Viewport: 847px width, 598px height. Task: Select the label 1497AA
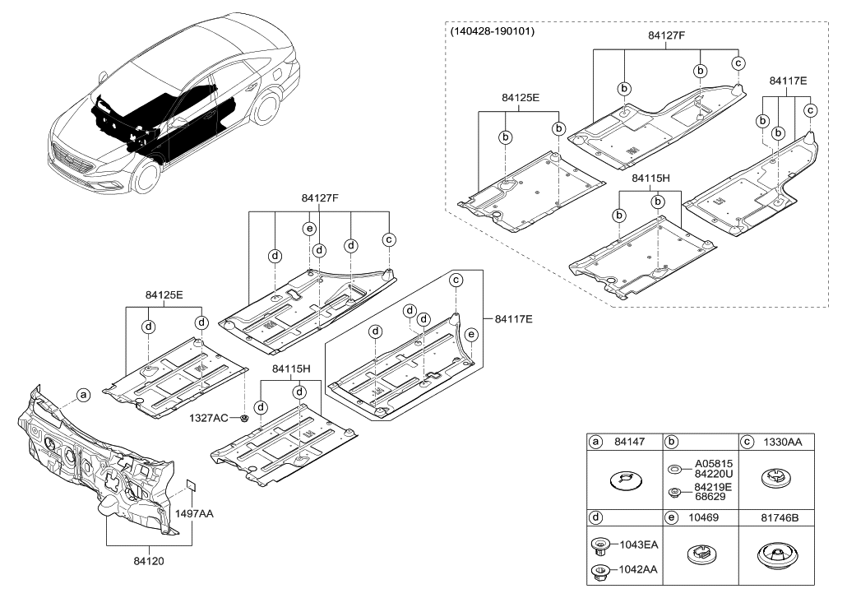point(194,512)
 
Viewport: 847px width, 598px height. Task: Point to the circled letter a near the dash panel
point(83,396)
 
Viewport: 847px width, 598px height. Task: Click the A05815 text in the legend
point(712,463)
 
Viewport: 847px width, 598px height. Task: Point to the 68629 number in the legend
point(712,497)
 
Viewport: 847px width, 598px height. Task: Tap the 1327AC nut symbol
point(245,418)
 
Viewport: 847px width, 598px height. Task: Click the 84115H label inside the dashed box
point(650,178)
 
